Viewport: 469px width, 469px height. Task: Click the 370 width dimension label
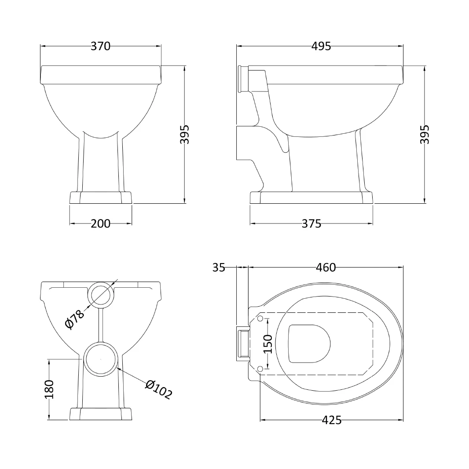click(100, 46)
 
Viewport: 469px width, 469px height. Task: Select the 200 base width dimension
click(100, 224)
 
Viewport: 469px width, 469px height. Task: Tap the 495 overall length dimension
click(321, 46)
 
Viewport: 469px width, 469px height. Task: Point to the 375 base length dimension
click(311, 224)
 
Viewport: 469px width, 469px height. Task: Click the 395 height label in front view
click(185, 134)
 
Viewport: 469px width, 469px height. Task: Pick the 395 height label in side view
click(425, 134)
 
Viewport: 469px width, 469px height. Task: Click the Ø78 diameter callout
click(75, 319)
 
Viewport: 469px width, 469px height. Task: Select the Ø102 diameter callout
click(159, 389)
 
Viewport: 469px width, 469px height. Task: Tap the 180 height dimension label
click(49, 389)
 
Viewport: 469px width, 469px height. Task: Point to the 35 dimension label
click(219, 267)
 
